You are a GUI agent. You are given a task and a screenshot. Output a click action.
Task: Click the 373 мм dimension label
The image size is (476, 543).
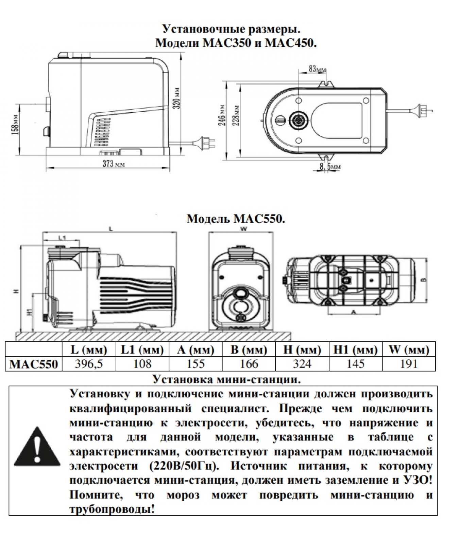point(114,164)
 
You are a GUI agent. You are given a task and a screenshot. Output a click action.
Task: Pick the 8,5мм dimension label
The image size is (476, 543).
point(330,167)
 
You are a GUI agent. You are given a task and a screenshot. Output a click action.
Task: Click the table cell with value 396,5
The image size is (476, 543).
point(89,364)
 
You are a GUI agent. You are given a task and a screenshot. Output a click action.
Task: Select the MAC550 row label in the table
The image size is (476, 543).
point(34,364)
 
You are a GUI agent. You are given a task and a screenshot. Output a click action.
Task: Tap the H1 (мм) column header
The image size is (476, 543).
point(355,350)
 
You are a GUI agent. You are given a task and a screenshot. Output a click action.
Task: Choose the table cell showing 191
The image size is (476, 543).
point(409,364)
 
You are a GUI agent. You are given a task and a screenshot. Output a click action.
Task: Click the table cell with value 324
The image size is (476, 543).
point(302,364)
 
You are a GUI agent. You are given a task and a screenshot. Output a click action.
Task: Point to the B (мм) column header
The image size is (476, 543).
point(249,350)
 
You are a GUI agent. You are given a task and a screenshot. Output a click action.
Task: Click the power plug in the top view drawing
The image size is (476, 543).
point(425,111)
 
